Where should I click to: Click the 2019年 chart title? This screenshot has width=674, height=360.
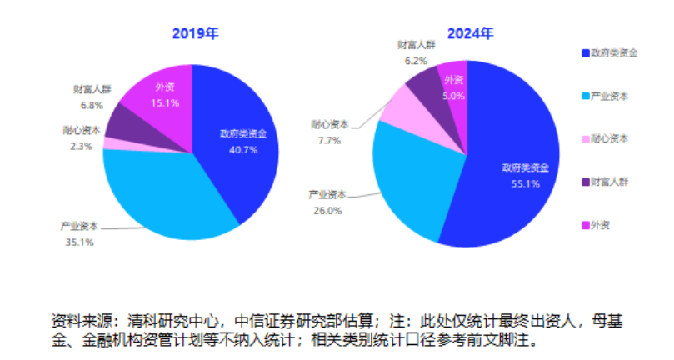(195, 34)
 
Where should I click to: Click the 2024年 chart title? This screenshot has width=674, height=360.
(470, 34)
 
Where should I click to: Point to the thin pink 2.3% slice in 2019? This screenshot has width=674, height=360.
(112, 143)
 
